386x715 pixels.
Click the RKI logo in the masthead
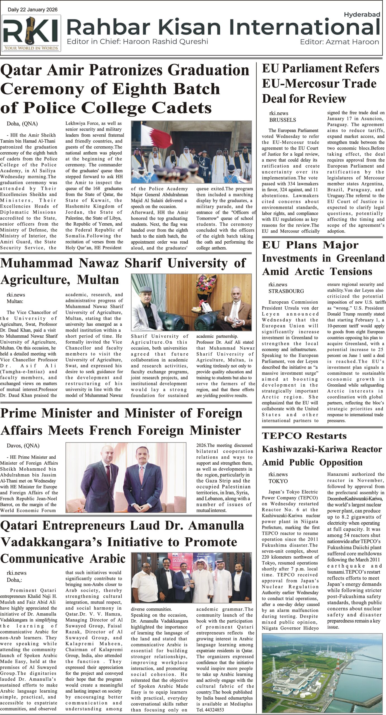click(x=31, y=32)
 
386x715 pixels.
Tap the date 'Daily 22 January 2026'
click(x=33, y=10)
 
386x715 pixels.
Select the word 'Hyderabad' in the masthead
click(x=362, y=15)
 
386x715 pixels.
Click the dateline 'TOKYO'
click(x=278, y=481)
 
